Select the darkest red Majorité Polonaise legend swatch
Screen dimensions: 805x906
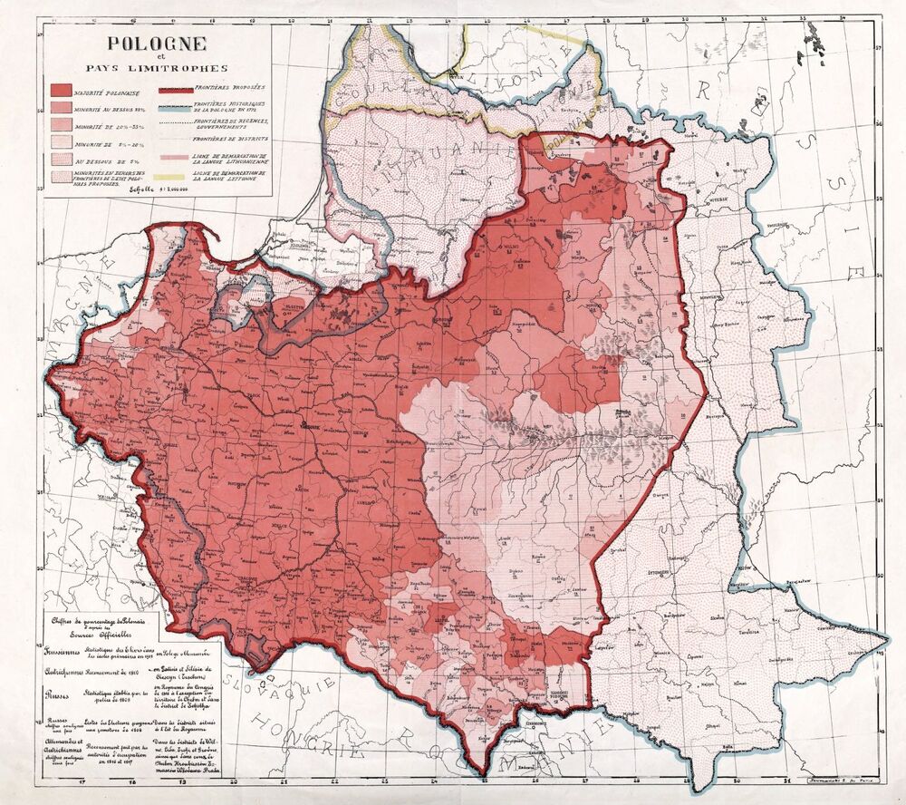click(x=62, y=91)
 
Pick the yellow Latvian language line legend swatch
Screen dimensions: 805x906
click(x=175, y=174)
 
